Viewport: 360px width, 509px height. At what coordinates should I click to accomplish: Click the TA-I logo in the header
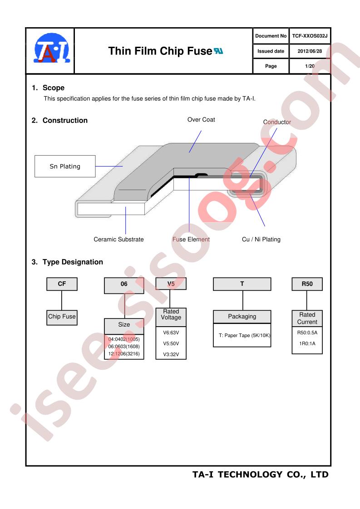(52, 48)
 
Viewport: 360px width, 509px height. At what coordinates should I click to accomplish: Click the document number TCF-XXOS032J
(310, 36)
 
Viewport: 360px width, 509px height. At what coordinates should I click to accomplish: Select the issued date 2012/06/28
(310, 51)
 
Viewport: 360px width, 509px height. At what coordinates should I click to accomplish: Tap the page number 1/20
(310, 66)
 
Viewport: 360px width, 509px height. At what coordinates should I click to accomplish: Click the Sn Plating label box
(65, 166)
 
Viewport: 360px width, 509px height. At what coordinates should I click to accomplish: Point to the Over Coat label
(201, 119)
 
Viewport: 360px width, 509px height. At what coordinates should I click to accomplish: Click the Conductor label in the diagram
(277, 122)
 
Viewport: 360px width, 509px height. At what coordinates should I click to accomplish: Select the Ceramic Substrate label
(118, 239)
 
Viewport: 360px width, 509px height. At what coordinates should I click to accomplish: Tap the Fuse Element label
(191, 239)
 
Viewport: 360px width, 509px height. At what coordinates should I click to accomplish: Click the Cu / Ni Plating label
(261, 239)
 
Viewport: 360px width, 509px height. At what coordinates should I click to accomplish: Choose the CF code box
(62, 284)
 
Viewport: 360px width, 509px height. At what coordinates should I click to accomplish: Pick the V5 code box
(171, 284)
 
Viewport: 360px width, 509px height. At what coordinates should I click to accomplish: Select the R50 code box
(307, 284)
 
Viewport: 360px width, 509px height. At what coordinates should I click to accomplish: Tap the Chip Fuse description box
(62, 317)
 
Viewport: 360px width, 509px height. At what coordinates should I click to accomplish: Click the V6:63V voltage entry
(171, 333)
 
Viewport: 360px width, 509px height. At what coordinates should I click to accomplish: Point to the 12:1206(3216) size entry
(124, 354)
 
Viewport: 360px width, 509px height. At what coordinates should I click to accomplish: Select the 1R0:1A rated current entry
(307, 343)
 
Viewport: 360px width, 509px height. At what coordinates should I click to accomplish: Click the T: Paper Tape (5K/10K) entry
(244, 335)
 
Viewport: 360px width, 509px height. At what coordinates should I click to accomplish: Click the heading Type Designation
(73, 262)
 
